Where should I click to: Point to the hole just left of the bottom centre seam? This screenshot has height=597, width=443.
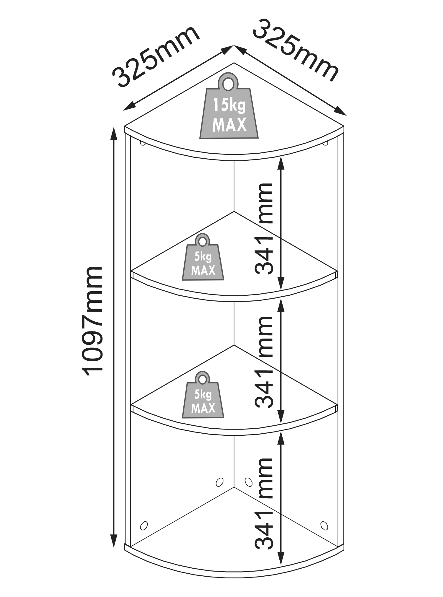point(219,482)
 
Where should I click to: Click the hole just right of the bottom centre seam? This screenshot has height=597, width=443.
point(248,482)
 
